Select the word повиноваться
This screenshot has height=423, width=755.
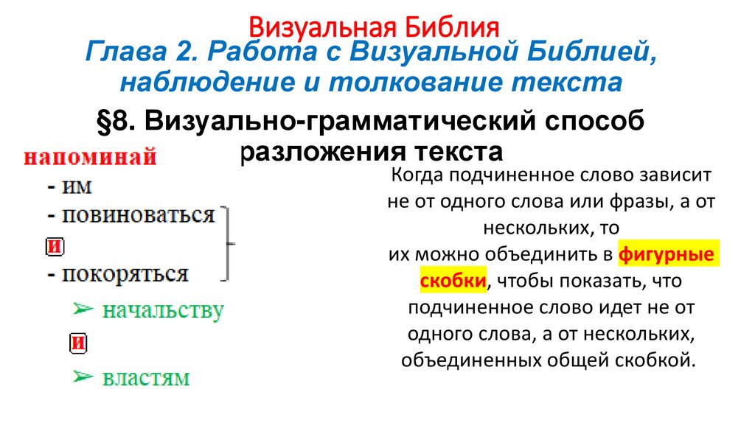pyautogui.click(x=138, y=215)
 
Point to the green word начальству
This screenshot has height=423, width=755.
pyautogui.click(x=162, y=310)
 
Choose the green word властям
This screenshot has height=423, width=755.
pyautogui.click(x=145, y=378)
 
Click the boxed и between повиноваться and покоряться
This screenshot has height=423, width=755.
pyautogui.click(x=54, y=245)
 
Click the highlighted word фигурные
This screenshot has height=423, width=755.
pyautogui.click(x=667, y=254)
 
